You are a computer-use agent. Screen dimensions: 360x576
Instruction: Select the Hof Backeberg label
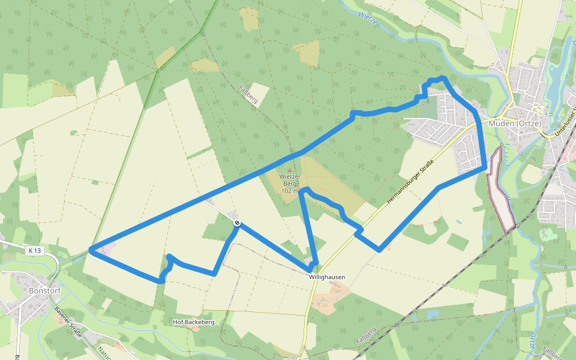[x=193, y=322]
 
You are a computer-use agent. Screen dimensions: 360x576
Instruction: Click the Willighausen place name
[x=327, y=277]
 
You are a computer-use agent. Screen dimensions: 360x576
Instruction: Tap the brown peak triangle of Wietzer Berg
[x=290, y=170]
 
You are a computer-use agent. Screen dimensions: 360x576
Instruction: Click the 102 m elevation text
[x=290, y=191]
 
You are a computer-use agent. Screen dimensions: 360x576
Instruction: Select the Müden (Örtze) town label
[x=515, y=124]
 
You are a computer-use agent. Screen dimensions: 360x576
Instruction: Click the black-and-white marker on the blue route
[x=238, y=223]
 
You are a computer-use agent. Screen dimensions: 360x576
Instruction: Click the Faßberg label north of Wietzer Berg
[x=248, y=95]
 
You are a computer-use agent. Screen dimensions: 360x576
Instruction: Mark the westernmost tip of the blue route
[x=90, y=250]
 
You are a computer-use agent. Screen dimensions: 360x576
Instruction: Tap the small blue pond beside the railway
[x=432, y=314]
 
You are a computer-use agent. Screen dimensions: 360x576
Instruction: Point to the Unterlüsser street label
[x=566, y=119]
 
